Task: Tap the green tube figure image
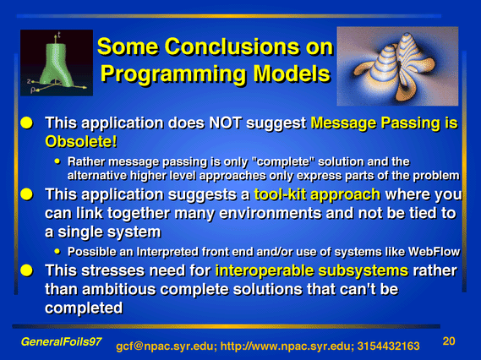click(57, 63)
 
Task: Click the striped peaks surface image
click(397, 66)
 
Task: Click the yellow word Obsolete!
click(81, 141)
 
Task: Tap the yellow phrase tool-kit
click(281, 194)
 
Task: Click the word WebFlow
click(434, 252)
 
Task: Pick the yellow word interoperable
click(265, 270)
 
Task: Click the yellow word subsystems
click(363, 270)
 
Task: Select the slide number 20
click(449, 341)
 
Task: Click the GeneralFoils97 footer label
click(61, 341)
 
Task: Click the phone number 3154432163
click(388, 346)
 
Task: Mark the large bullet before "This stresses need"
click(27, 270)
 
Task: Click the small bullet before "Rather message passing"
click(57, 161)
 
